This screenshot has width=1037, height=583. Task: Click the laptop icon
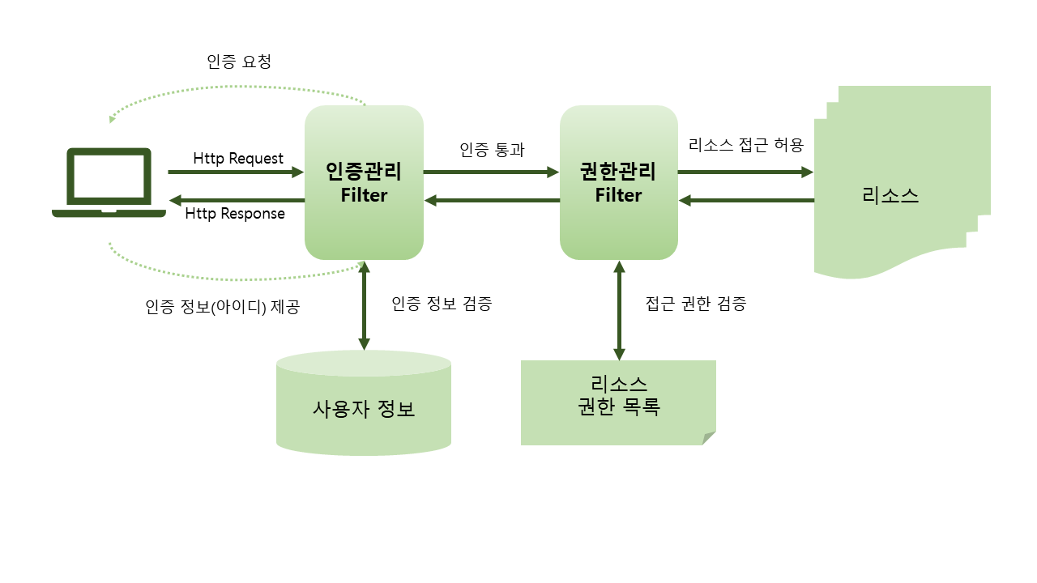(109, 182)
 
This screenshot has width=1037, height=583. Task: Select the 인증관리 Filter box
(364, 183)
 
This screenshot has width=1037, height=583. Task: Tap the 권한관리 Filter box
(618, 183)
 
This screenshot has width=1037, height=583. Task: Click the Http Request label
(238, 158)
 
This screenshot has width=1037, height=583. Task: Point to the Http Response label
(235, 214)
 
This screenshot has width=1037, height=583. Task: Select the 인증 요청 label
(239, 62)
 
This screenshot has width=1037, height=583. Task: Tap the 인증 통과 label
(492, 149)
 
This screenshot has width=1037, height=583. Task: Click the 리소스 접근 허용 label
(745, 146)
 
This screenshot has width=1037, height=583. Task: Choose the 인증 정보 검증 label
(442, 304)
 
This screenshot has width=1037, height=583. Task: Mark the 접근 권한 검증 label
(696, 304)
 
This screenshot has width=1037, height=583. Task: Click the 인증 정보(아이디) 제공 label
(223, 308)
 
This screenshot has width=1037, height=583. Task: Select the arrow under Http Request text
(235, 172)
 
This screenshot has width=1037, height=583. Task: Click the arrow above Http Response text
(235, 200)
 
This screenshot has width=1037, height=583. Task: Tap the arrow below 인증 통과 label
(492, 172)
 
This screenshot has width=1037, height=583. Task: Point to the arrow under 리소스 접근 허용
(745, 172)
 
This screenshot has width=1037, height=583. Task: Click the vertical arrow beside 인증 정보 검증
(364, 305)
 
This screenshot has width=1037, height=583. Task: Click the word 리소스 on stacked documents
(890, 196)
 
